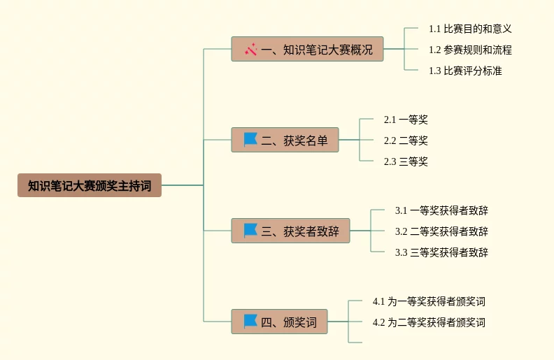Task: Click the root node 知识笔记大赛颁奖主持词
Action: pyautogui.click(x=90, y=185)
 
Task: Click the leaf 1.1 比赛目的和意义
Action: pyautogui.click(x=470, y=29)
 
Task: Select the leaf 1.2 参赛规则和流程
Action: pyautogui.click(x=470, y=50)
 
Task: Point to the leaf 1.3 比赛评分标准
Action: pyautogui.click(x=465, y=71)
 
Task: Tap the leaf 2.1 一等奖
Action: pyautogui.click(x=406, y=120)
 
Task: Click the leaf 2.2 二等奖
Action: pyautogui.click(x=406, y=141)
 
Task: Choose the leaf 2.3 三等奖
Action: pyautogui.click(x=406, y=161)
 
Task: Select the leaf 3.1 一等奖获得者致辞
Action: pyautogui.click(x=441, y=210)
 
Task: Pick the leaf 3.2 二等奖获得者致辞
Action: pyautogui.click(x=441, y=231)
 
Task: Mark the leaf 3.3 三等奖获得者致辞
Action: pyautogui.click(x=441, y=252)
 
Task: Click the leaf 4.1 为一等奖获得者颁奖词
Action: pyautogui.click(x=429, y=301)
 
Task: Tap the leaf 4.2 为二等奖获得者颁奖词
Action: pyautogui.click(x=429, y=322)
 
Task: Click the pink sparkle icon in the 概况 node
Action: pyautogui.click(x=251, y=49)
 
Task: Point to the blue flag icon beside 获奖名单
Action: pyautogui.click(x=250, y=139)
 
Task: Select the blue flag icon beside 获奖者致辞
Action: pyautogui.click(x=250, y=230)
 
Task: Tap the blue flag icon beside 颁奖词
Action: pyautogui.click(x=250, y=321)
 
